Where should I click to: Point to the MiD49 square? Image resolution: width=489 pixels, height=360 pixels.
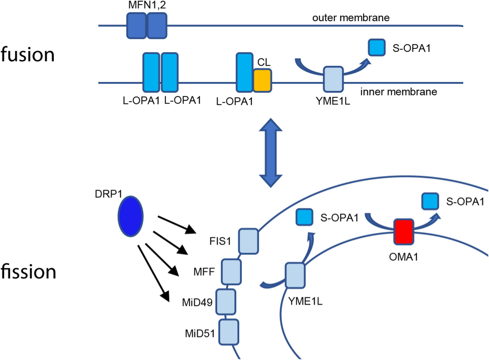coord(226,301)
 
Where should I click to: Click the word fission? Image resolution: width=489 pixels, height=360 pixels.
coord(28,271)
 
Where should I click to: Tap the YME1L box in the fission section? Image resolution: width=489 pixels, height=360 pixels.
coord(295,275)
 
